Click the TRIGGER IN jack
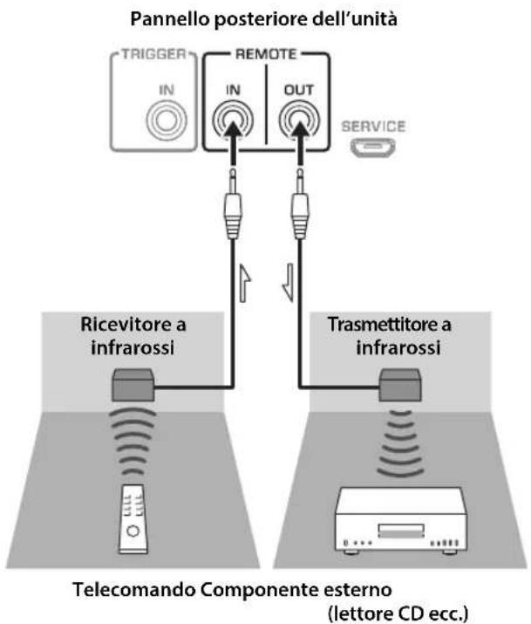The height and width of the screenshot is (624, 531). [x=167, y=120]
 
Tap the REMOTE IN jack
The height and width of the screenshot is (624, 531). [x=233, y=119]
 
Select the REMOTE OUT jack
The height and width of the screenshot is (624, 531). [x=299, y=119]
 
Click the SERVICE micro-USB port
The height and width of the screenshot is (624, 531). [x=373, y=147]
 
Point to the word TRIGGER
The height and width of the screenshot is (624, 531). [x=153, y=54]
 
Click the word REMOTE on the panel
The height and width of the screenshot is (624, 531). [x=266, y=54]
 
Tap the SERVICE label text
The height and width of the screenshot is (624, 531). [x=373, y=127]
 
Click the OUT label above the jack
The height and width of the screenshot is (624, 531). [x=299, y=91]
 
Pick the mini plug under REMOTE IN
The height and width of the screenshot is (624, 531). [x=233, y=203]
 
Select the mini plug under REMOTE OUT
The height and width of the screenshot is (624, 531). [x=300, y=203]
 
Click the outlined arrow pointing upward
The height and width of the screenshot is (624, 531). [x=245, y=283]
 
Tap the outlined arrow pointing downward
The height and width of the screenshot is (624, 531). [x=289, y=283]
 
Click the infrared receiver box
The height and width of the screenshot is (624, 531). [x=133, y=385]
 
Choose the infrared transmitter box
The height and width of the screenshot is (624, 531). [x=400, y=385]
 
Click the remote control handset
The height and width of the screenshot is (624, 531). [x=133, y=519]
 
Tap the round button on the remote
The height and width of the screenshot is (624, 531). [x=133, y=531]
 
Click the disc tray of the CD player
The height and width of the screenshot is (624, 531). [x=401, y=531]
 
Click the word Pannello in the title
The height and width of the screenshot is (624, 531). [x=170, y=19]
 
